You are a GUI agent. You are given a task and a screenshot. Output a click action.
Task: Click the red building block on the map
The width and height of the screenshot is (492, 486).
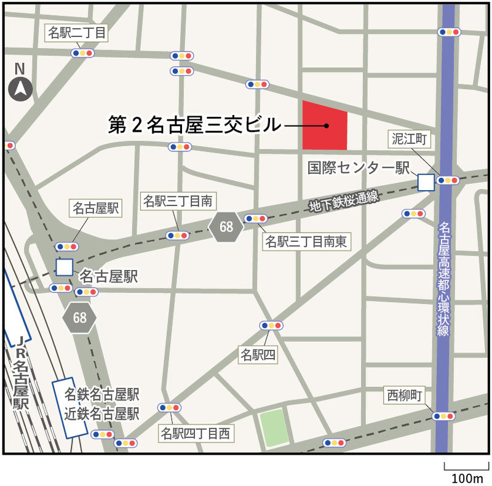pos(325,126)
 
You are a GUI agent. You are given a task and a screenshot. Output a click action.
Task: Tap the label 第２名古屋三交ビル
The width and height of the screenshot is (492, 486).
pos(194,125)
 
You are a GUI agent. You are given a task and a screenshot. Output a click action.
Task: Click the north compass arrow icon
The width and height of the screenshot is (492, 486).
pos(20,90)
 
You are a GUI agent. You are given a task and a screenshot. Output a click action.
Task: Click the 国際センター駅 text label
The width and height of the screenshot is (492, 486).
pos(359,168)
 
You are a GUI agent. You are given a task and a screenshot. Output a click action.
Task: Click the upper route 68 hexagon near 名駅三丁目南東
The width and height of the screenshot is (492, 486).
pos(226,227)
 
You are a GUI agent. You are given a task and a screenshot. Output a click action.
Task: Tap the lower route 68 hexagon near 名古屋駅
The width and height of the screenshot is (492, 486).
pos(80,317)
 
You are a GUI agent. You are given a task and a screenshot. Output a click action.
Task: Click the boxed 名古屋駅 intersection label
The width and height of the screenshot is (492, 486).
pos(97,208)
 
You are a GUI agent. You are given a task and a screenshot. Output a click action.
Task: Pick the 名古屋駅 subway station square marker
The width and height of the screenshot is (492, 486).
pos(64,267)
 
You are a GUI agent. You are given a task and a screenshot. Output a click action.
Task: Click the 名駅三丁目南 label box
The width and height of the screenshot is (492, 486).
pos(178,201)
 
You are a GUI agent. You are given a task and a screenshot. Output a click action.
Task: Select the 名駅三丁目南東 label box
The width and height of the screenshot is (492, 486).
pos(306,242)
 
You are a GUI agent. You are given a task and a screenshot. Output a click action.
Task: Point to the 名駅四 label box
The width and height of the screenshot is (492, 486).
pos(258,354)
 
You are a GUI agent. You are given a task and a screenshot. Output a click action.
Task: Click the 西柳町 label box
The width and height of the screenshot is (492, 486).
pos(404,394)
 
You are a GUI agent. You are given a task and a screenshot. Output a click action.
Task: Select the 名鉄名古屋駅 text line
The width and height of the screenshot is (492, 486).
pos(102,394)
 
